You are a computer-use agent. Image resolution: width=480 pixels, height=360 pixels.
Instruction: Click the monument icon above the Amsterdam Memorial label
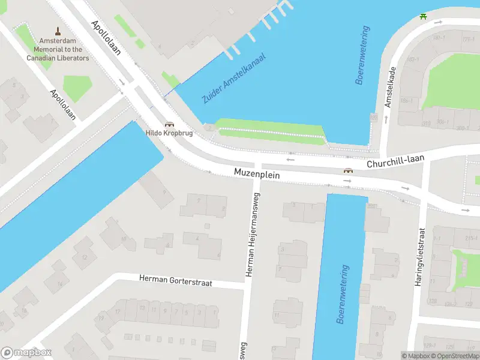pos(58,31)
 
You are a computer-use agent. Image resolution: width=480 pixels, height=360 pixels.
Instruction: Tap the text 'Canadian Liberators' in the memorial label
pos(58,58)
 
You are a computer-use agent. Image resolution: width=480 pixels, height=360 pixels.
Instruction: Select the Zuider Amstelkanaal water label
pos(234,78)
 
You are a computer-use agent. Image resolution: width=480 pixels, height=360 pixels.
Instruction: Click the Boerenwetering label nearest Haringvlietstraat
pos(342,294)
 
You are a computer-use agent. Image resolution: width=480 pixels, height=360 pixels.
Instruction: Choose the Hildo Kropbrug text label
pos(169,133)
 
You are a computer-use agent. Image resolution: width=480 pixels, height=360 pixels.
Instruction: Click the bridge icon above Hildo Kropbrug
pos(170,124)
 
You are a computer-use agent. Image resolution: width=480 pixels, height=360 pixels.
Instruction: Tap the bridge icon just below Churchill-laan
pos(348,171)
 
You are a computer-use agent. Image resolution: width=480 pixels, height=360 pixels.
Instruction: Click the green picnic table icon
pos(424,16)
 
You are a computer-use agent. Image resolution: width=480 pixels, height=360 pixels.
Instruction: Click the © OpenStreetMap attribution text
pos(454,356)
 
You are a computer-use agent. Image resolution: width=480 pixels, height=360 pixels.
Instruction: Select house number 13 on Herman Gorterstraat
pos(142,308)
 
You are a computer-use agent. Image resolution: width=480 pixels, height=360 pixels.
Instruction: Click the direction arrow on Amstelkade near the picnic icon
pos(437,23)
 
